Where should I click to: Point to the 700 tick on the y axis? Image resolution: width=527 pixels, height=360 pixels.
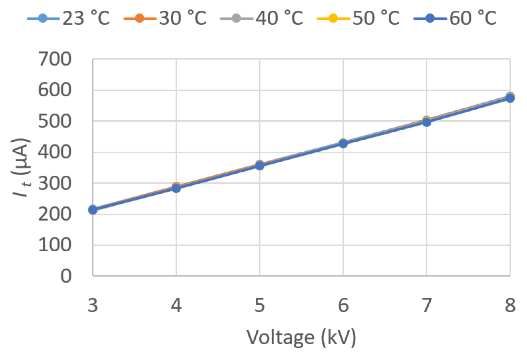(55, 60)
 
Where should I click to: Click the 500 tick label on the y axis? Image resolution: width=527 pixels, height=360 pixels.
(55, 122)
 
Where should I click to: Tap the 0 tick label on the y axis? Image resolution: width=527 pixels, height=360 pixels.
(66, 277)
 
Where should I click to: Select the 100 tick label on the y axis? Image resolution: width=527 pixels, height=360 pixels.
(55, 245)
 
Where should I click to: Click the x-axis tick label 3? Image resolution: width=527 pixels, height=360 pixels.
(93, 305)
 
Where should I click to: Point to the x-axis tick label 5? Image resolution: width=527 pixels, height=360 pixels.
(260, 305)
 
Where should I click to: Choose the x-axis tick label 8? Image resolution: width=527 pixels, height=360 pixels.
(510, 305)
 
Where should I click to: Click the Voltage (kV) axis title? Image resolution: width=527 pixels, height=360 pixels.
(301, 338)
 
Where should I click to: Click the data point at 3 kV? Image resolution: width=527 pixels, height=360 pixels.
(93, 210)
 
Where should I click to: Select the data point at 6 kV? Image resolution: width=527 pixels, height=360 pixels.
(343, 143)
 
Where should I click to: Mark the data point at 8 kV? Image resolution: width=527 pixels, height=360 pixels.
(510, 98)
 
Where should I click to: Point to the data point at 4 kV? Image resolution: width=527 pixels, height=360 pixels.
(176, 188)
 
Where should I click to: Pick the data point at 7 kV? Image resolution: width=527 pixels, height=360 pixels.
(427, 122)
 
